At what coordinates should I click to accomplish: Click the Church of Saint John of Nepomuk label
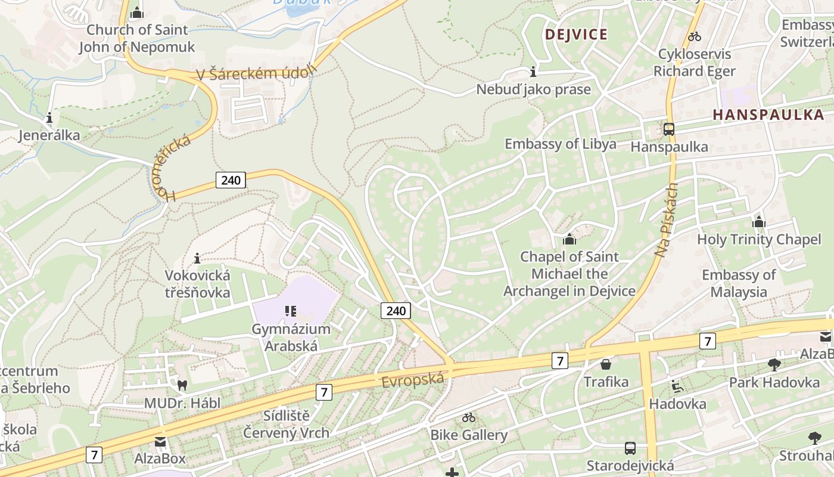pyautogui.click(x=137, y=38)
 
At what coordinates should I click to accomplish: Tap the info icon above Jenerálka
pyautogui.click(x=49, y=117)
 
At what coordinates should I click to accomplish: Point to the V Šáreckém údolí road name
pyautogui.click(x=256, y=74)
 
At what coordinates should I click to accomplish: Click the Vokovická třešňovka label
pyautogui.click(x=197, y=284)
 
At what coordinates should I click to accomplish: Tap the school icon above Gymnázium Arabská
pyautogui.click(x=291, y=311)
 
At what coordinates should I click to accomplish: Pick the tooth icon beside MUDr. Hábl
pyautogui.click(x=182, y=386)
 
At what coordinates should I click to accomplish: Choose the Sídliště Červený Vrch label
pyautogui.click(x=287, y=425)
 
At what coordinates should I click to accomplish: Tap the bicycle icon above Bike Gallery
pyautogui.click(x=469, y=417)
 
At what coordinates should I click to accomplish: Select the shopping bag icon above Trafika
pyautogui.click(x=606, y=364)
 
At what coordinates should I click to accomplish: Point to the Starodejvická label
pyautogui.click(x=630, y=466)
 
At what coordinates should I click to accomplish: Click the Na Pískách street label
pyautogui.click(x=667, y=220)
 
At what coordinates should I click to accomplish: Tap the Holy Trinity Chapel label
pyautogui.click(x=759, y=240)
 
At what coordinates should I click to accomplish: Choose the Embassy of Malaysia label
pyautogui.click(x=739, y=283)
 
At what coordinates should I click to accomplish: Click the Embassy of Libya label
pyautogui.click(x=560, y=144)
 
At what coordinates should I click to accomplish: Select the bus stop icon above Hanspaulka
pyautogui.click(x=669, y=129)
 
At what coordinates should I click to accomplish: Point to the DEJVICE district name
pyautogui.click(x=576, y=34)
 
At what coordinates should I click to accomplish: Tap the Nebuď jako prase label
pyautogui.click(x=533, y=89)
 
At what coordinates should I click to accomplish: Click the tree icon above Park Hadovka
pyautogui.click(x=774, y=364)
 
